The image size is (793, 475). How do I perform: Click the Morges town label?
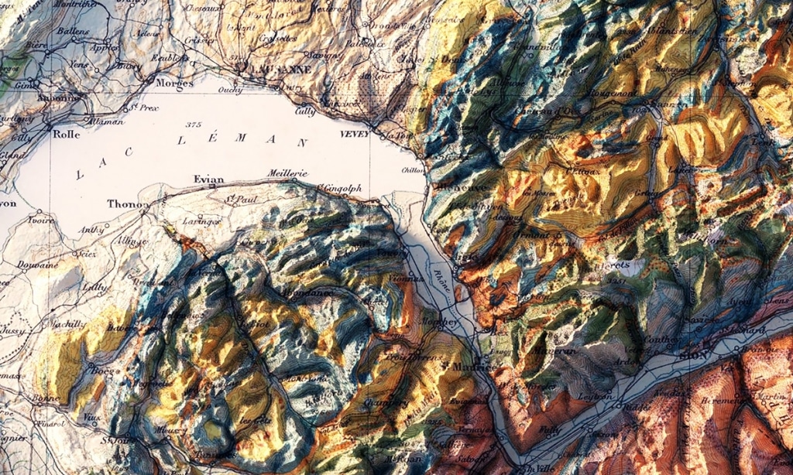[x=173, y=82]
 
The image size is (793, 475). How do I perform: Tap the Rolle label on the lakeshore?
[x=67, y=133]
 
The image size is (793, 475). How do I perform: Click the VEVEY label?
[x=352, y=133]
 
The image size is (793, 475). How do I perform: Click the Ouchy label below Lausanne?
[x=233, y=90]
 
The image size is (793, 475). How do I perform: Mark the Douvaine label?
[x=38, y=265]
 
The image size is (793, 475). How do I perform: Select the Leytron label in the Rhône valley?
[x=596, y=397]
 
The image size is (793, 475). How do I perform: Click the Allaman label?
[x=105, y=121]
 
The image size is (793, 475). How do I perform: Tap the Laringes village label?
[x=201, y=221]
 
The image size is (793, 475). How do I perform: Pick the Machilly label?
[x=69, y=324]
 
